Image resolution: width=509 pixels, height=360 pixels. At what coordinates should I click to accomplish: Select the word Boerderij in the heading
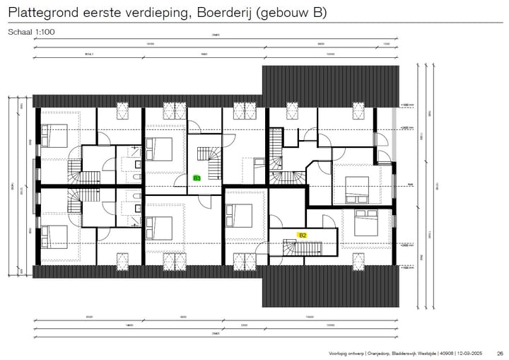(221, 13)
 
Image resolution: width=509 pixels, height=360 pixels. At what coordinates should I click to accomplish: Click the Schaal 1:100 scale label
(31, 33)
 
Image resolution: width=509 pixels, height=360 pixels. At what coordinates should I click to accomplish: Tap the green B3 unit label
(197, 178)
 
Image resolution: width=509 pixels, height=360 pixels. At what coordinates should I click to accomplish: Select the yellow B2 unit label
(302, 235)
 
